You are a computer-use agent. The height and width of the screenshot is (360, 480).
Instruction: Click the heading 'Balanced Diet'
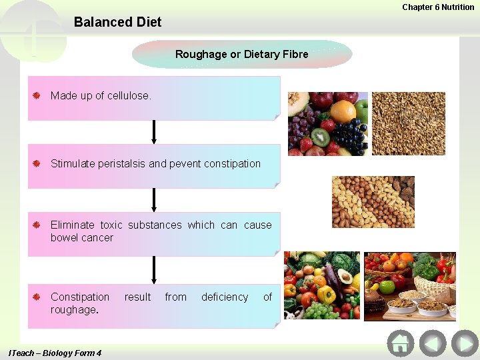117,22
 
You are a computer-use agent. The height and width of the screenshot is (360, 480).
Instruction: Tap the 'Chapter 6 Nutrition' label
438,7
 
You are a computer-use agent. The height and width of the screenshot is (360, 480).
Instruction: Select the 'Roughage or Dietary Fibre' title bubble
241,54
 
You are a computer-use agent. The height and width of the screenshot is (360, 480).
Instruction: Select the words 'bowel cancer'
82,238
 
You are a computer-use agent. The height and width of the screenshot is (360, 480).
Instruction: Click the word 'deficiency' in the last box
225,297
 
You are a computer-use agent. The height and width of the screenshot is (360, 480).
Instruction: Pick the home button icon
401,344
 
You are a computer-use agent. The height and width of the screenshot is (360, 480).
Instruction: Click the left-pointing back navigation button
433,344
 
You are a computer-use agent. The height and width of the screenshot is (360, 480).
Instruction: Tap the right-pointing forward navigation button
465,344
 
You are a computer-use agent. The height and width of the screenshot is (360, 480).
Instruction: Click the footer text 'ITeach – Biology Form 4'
55,353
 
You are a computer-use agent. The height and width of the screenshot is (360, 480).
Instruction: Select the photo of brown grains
408,123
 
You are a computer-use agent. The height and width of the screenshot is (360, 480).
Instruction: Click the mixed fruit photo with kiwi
327,123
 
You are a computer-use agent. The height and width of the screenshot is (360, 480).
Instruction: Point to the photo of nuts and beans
373,202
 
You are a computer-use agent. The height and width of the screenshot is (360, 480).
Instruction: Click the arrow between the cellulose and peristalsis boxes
154,132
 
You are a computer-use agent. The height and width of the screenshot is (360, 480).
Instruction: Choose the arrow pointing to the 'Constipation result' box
154,270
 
